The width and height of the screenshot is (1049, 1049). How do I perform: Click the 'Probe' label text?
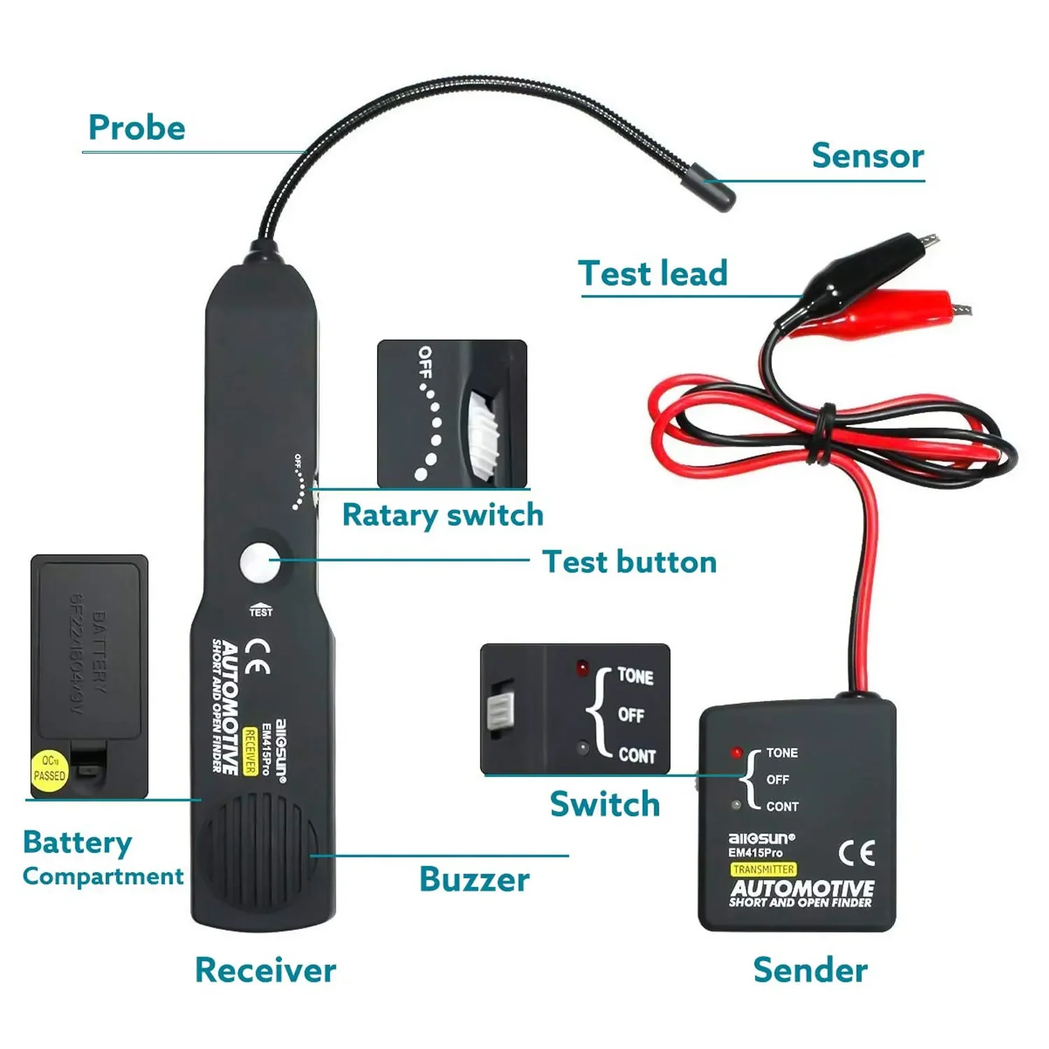pyautogui.click(x=137, y=128)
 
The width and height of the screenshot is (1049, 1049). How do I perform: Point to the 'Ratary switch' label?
pyautogui.click(x=443, y=515)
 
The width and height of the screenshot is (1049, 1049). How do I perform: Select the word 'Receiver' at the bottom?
pyautogui.click(x=265, y=970)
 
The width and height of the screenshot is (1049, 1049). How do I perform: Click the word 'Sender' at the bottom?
pyautogui.click(x=811, y=970)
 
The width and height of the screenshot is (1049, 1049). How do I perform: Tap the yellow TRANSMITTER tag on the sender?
pyautogui.click(x=763, y=869)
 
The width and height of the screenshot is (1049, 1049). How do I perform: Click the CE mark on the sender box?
pyautogui.click(x=857, y=853)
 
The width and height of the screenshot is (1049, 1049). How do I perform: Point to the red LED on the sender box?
pyautogui.click(x=736, y=753)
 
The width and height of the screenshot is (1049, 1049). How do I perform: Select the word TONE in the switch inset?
pyautogui.click(x=635, y=676)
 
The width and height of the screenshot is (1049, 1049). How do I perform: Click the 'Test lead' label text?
pyautogui.click(x=652, y=273)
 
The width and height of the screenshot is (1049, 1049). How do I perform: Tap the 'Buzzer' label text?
pyautogui.click(x=474, y=880)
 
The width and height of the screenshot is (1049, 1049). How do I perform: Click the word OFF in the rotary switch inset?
pyautogui.click(x=424, y=362)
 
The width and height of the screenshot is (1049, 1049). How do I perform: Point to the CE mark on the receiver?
pyautogui.click(x=258, y=657)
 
